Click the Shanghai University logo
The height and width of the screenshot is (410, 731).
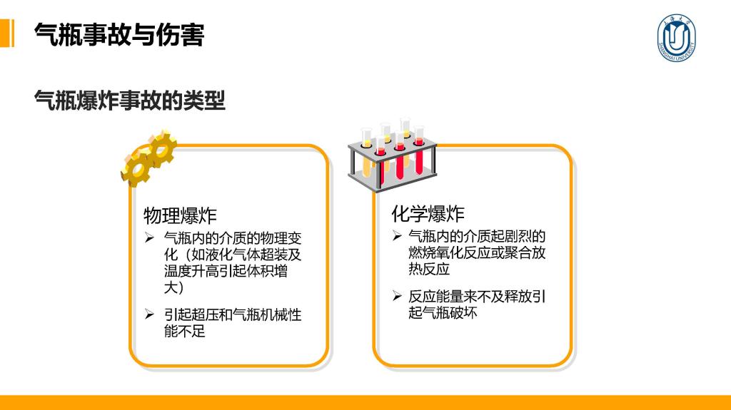[x=676, y=38]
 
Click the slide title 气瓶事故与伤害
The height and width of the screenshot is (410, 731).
[x=119, y=34]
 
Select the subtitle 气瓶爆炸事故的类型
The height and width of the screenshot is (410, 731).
[x=130, y=100]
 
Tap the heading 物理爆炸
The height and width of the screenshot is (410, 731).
[x=180, y=216]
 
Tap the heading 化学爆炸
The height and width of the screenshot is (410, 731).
[x=428, y=214]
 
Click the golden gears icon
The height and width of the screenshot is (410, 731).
[x=148, y=158]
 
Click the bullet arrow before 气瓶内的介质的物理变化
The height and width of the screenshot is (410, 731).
[x=149, y=238]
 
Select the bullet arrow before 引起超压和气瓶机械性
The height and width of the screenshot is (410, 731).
[x=149, y=314]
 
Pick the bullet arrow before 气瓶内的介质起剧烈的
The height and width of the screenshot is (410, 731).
[x=397, y=236]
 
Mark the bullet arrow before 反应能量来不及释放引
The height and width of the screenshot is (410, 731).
[x=397, y=296]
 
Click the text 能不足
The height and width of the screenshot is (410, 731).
[x=185, y=332]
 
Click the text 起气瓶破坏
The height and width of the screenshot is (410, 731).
[x=443, y=312]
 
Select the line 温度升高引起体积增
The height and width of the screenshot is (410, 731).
[x=226, y=271]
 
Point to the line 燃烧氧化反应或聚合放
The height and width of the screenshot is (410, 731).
[x=477, y=252]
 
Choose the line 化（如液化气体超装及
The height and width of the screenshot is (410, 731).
[x=233, y=255]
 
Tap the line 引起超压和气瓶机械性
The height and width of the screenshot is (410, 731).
[x=233, y=315]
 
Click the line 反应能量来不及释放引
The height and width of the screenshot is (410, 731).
[x=477, y=297]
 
